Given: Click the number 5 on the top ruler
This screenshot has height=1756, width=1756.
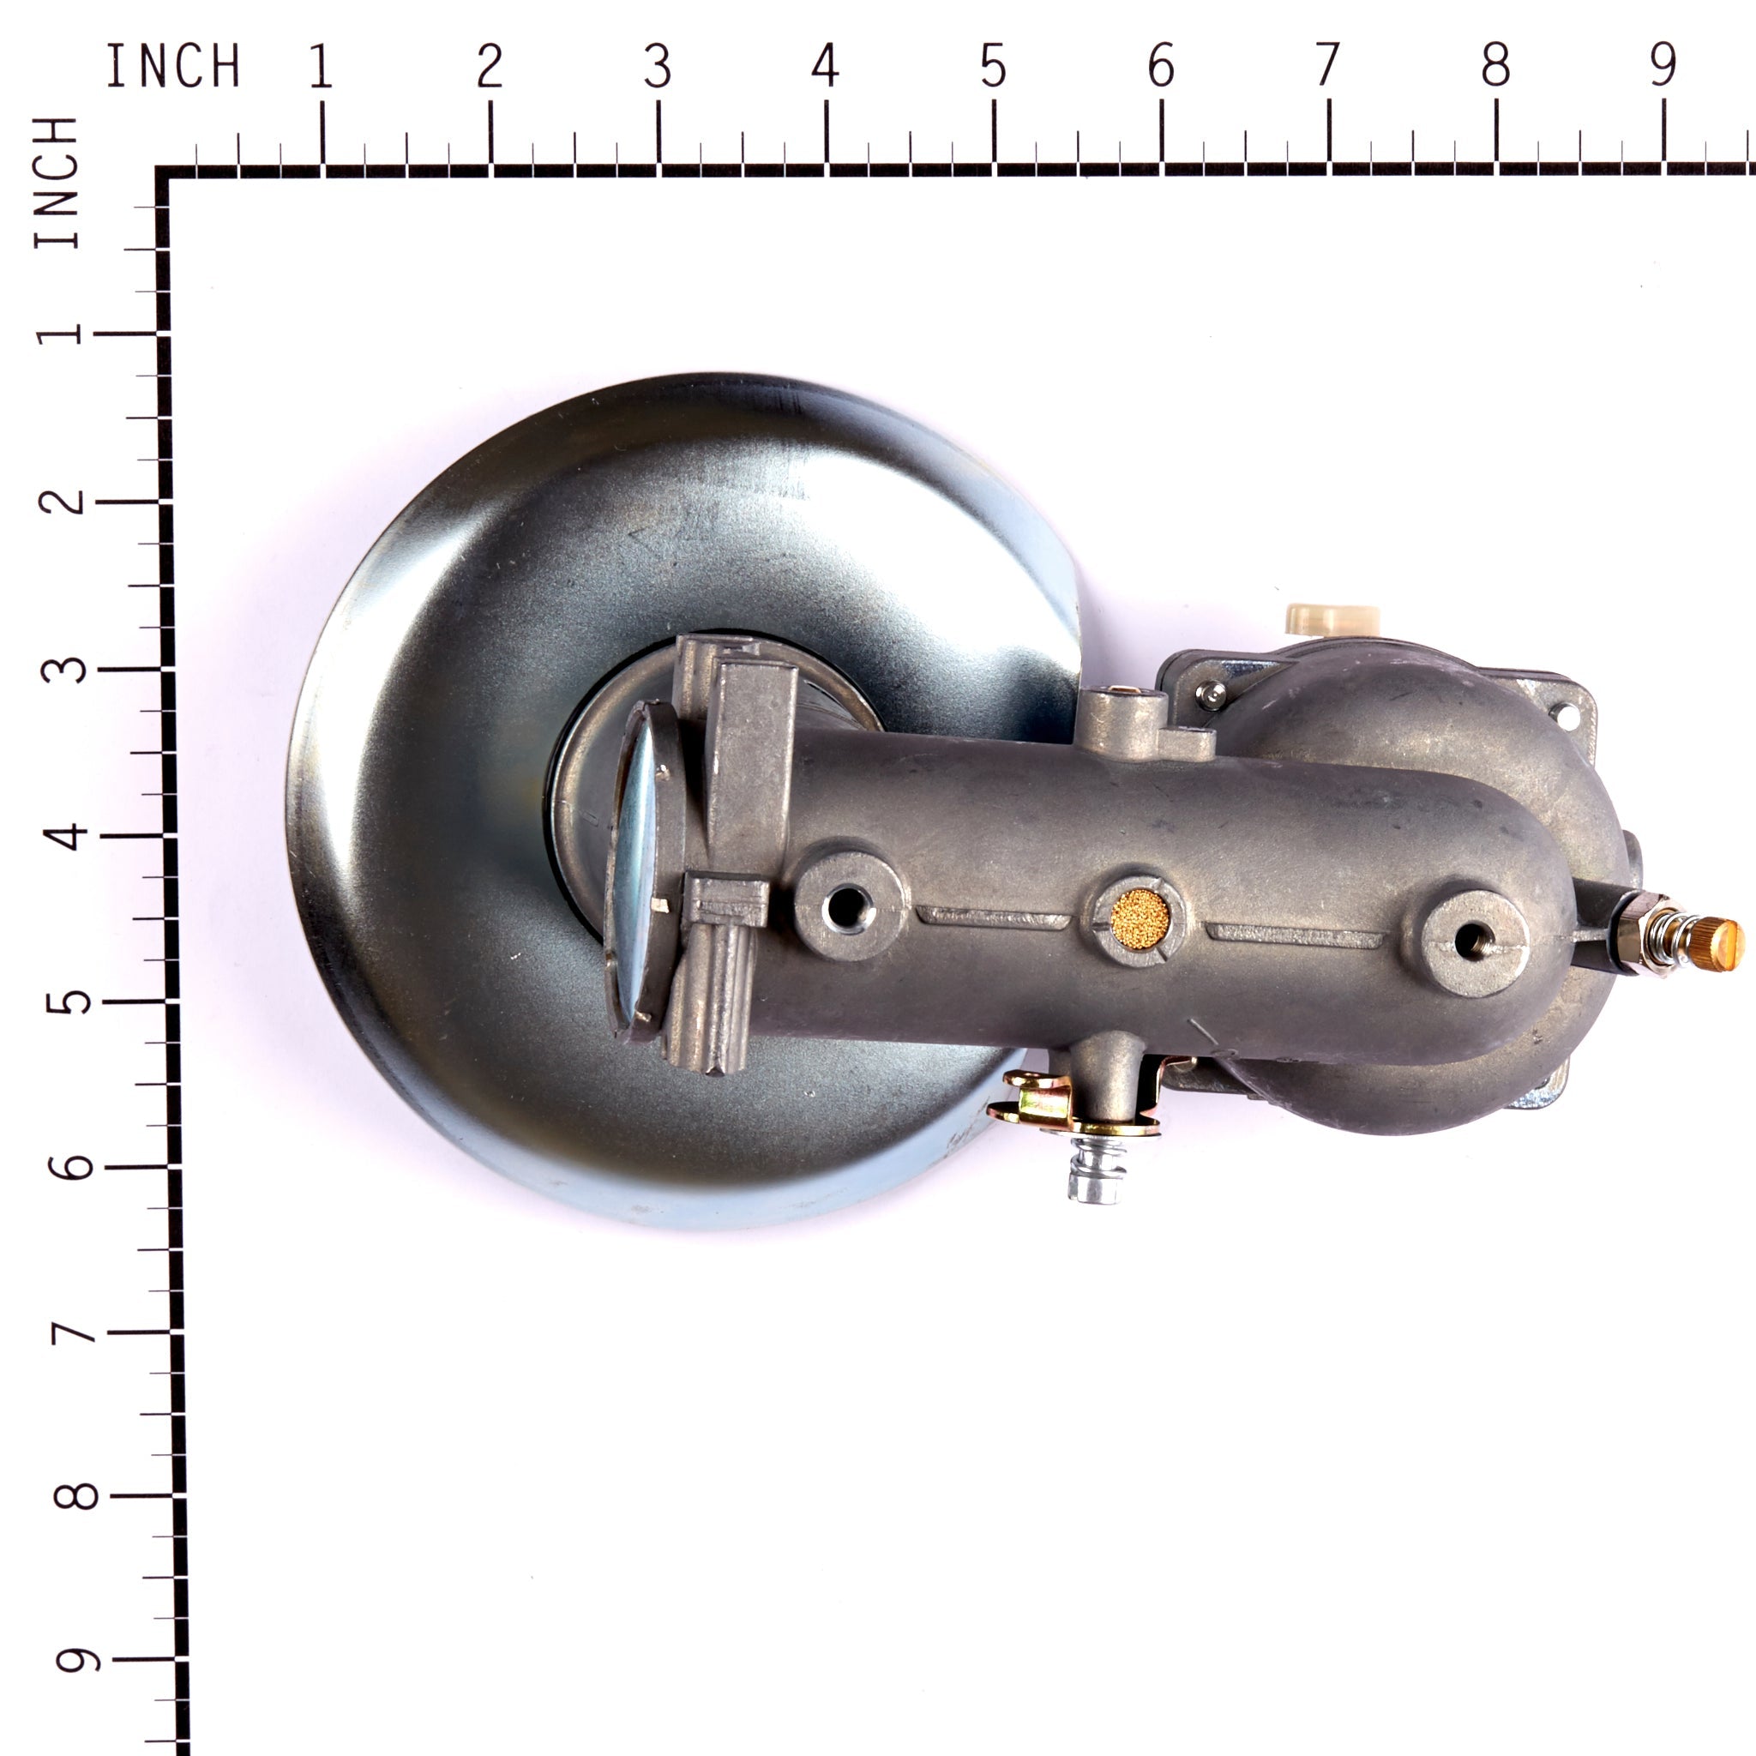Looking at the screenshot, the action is coord(993,66).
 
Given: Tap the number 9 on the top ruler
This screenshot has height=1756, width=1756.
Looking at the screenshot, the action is coord(1663,66).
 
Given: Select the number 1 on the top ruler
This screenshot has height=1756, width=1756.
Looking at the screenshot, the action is coord(320,66).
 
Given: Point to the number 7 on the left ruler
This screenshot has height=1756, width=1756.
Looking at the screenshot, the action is coord(75,1333).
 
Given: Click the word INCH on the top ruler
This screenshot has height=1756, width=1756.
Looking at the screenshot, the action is coord(173,66).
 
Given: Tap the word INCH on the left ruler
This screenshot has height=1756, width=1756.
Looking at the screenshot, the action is coord(57,182).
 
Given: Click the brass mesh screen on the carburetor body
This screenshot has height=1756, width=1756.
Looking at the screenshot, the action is coord(1140,919).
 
